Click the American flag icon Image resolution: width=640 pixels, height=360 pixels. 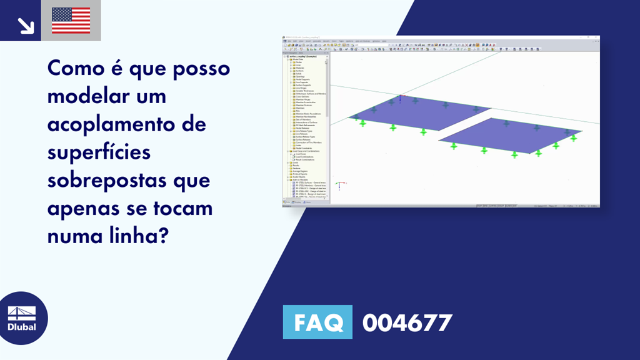pyautogui.click(x=71, y=21)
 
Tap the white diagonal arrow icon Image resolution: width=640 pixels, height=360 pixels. pyautogui.click(x=26, y=26)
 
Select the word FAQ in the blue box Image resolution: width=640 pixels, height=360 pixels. pyautogui.click(x=318, y=322)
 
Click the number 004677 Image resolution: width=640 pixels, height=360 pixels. pyautogui.click(x=407, y=322)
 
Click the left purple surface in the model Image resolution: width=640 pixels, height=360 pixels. pyautogui.click(x=412, y=114)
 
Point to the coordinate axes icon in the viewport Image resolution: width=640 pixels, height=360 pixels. pyautogui.click(x=338, y=185)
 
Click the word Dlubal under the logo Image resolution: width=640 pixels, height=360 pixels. pyautogui.click(x=21, y=327)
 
